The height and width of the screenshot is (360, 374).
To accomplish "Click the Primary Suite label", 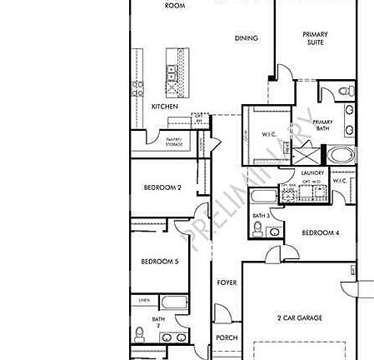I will [x=315, y=37].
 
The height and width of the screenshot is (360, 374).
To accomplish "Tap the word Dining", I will [x=246, y=37].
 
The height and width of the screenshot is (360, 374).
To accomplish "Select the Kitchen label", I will [x=163, y=107].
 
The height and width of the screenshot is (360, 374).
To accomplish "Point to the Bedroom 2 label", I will [x=161, y=187].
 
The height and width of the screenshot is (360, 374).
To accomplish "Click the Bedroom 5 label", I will [x=159, y=262].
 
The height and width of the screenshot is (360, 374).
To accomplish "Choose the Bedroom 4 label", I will [x=320, y=232].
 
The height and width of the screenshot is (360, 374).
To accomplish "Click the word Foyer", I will [x=227, y=282].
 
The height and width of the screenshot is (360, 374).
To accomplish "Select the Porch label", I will [x=227, y=337].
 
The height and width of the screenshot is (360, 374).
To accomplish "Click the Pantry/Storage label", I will [x=174, y=142].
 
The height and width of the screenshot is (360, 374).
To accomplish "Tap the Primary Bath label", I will [x=322, y=127].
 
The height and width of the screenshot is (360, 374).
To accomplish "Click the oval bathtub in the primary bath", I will [x=341, y=155].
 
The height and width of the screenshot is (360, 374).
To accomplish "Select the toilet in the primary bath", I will [x=346, y=94].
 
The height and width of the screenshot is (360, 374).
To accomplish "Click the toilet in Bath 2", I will [x=139, y=335].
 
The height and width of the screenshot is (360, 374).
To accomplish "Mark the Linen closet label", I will [x=144, y=299].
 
